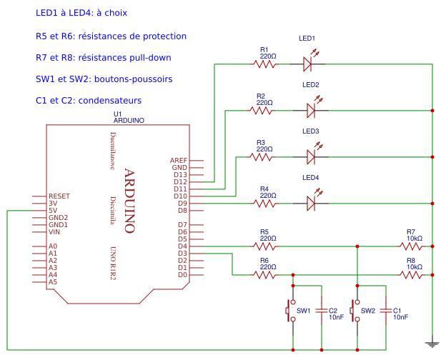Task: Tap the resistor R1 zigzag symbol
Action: [264, 64]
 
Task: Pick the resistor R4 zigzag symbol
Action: [264, 203]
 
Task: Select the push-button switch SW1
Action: [292, 311]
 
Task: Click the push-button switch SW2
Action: [355, 311]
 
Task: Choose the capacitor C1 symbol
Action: [386, 311]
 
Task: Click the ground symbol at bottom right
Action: [432, 344]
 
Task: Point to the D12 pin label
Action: [179, 181]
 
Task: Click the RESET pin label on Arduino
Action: [59, 196]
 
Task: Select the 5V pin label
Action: [53, 210]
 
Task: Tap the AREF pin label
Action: [178, 160]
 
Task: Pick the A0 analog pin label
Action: [53, 246]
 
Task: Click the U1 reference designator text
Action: [118, 114]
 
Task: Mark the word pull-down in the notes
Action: [147, 57]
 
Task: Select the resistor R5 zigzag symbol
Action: [264, 246]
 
